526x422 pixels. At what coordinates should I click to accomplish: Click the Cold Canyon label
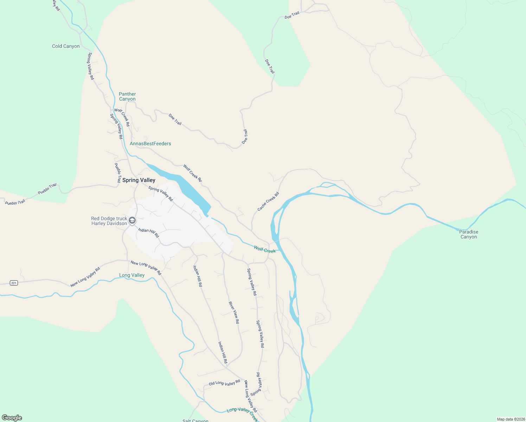pyautogui.click(x=66, y=46)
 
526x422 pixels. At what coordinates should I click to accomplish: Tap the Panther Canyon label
pyautogui.click(x=127, y=96)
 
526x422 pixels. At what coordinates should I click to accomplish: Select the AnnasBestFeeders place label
pyautogui.click(x=150, y=143)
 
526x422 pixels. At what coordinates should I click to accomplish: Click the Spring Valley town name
pyautogui.click(x=139, y=180)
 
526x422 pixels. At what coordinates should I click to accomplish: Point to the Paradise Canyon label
pyautogui.click(x=469, y=234)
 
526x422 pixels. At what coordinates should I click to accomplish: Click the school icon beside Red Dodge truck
pyautogui.click(x=132, y=220)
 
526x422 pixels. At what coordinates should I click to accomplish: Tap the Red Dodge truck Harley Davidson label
pyautogui.click(x=109, y=221)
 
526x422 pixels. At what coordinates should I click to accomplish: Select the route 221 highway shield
pyautogui.click(x=14, y=283)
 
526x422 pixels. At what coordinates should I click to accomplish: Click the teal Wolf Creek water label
pyautogui.click(x=265, y=250)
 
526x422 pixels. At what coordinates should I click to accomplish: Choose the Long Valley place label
pyautogui.click(x=132, y=275)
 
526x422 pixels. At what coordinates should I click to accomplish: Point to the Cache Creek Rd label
pyautogui.click(x=268, y=202)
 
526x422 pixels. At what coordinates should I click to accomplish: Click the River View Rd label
pyautogui.click(x=234, y=312)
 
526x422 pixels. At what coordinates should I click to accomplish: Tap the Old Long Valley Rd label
pyautogui.click(x=224, y=383)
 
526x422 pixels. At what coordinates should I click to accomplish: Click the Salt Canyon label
pyautogui.click(x=195, y=420)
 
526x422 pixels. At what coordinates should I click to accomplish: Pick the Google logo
pyautogui.click(x=12, y=418)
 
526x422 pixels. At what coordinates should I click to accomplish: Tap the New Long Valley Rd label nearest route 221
pyautogui.click(x=85, y=277)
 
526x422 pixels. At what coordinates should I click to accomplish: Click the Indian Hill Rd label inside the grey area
pyautogui.click(x=148, y=232)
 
